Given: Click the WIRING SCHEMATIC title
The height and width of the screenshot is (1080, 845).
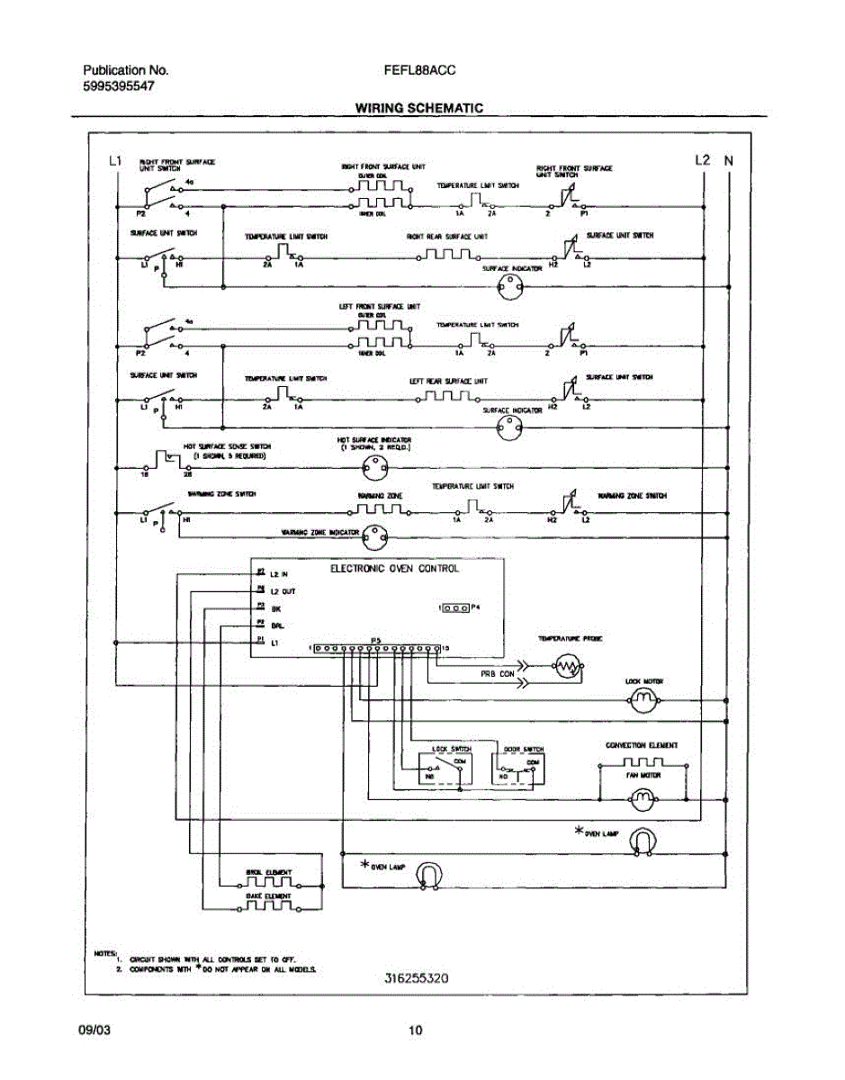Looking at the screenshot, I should (x=418, y=108).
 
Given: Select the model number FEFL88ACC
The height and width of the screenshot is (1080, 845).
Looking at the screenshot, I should (x=425, y=70).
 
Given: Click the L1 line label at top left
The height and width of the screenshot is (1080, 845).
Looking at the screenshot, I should (x=114, y=161).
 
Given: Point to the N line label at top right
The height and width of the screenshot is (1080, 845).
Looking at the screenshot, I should (x=729, y=161).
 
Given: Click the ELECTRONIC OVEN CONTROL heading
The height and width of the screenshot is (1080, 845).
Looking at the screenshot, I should (x=394, y=569).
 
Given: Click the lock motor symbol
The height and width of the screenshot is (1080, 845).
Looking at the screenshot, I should (x=643, y=701).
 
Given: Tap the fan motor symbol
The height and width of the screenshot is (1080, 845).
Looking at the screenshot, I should (x=643, y=797).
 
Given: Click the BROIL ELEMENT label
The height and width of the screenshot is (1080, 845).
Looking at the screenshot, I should (x=268, y=872).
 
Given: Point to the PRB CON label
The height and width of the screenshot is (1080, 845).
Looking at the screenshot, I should (x=497, y=672).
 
